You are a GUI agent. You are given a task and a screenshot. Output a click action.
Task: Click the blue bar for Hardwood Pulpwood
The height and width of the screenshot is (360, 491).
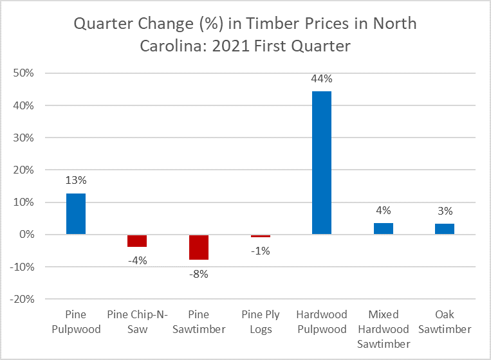(322, 163)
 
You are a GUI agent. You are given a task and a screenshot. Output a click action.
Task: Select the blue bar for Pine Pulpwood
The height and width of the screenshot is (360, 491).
(76, 214)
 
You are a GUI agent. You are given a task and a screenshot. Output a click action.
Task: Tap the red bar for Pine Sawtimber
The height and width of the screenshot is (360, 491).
(199, 248)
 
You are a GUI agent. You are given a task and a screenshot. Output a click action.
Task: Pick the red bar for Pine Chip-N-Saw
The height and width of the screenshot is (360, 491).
(137, 241)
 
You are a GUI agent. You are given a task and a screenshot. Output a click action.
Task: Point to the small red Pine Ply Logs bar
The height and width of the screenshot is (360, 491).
(260, 236)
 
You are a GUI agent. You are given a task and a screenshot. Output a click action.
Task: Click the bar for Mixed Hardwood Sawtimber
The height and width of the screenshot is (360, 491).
(383, 229)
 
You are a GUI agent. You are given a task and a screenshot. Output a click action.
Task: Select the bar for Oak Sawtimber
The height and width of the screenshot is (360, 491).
(445, 229)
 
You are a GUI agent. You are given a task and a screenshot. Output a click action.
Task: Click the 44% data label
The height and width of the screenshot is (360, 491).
(322, 79)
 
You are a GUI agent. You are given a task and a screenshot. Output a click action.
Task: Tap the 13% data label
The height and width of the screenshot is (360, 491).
(76, 181)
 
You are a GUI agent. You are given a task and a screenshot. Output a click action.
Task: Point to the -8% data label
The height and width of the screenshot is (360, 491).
(199, 274)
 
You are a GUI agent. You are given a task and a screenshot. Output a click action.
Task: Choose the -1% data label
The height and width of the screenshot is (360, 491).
(260, 251)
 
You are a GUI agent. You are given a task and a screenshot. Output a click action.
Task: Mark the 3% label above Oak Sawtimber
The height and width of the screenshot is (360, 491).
(445, 211)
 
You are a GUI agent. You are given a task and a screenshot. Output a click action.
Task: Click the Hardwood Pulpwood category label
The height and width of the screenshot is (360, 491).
(322, 322)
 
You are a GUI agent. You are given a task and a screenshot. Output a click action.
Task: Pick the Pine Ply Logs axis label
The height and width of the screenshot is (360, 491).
(260, 322)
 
